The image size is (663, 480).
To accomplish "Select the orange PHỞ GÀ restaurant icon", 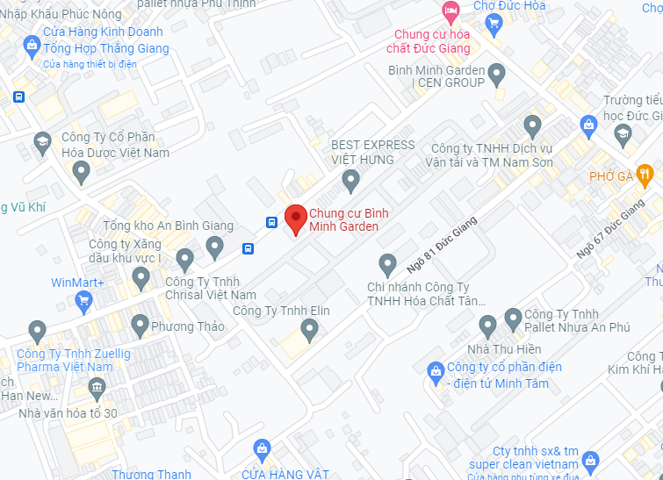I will coord(645,172).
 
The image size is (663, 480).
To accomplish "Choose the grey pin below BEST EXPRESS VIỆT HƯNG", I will coord(351,182).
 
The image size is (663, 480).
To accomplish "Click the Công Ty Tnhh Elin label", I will coord(282,311).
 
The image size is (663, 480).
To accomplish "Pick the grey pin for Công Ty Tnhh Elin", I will coord(309,330).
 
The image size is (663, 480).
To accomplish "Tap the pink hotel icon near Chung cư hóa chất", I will coord(450,11).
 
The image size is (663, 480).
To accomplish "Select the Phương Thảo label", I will coord(188,326).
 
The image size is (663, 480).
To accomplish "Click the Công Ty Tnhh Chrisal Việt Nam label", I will coord(211,289).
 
